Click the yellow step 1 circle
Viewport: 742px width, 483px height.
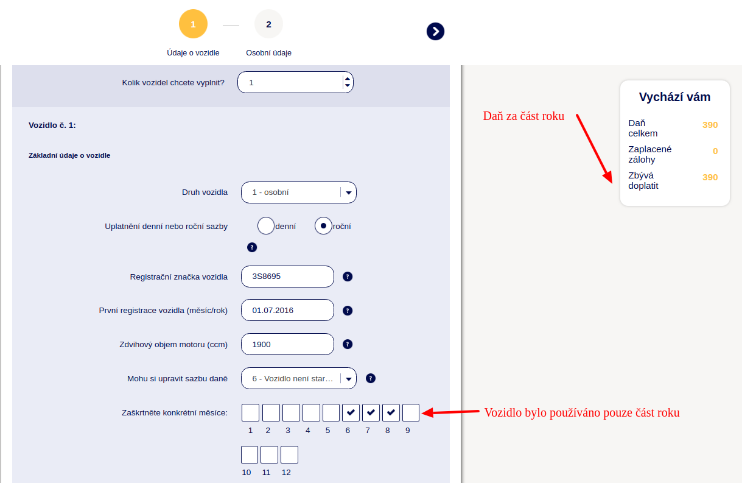193,24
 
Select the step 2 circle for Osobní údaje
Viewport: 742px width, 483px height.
268,24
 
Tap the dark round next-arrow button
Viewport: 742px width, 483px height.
435,32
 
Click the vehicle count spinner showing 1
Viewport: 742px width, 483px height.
295,82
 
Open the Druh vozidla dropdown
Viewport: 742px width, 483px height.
299,192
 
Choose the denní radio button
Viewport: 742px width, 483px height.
265,226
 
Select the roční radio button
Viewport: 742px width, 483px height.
323,226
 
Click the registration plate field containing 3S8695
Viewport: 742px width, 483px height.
287,277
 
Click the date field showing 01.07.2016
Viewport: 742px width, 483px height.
287,310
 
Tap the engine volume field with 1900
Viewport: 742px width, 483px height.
287,344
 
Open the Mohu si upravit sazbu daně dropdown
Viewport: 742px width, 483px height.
299,378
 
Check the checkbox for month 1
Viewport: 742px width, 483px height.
250,413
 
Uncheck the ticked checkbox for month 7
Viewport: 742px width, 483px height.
371,413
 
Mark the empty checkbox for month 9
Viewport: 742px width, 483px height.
411,413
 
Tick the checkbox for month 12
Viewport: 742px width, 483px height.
289,454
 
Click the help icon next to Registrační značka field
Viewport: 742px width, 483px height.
348,277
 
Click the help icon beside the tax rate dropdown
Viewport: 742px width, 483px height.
371,378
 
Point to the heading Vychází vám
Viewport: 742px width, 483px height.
675,97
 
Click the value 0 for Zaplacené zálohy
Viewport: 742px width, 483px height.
715,151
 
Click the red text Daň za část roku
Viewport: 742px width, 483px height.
523,116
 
